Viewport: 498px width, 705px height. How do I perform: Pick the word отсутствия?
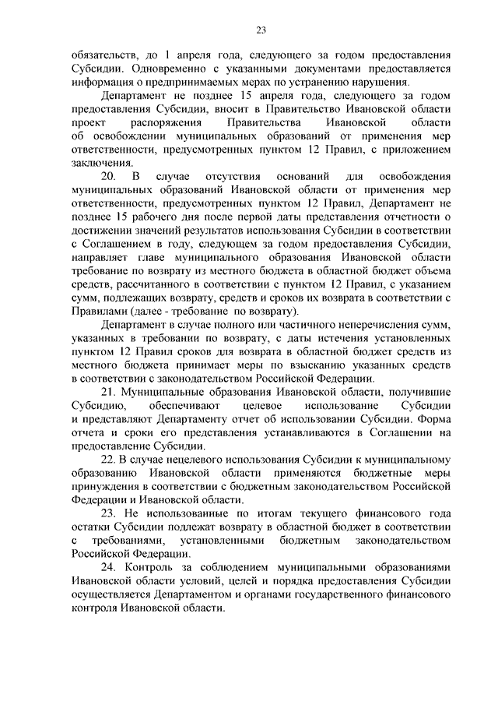[x=232, y=177]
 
